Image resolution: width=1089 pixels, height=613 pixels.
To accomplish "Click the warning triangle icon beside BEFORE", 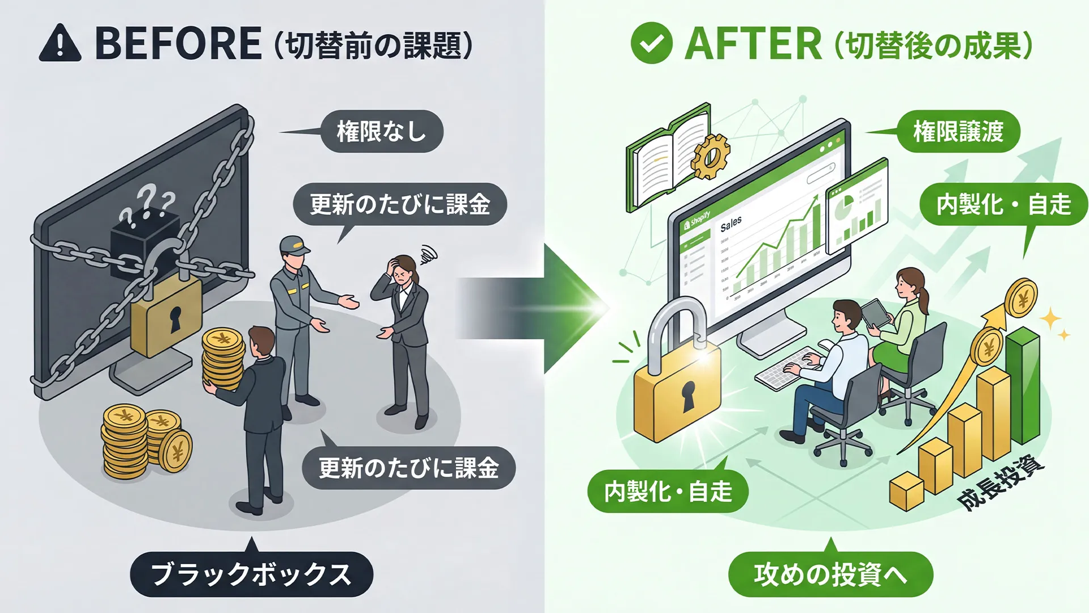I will [x=60, y=44].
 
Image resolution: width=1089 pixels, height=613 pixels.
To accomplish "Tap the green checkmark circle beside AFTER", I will [x=651, y=43].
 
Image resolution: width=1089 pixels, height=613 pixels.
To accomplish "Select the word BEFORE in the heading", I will [x=178, y=44].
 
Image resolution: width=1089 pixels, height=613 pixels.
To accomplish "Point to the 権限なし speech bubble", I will [x=381, y=131].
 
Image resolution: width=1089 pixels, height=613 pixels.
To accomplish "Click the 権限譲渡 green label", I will [x=959, y=131].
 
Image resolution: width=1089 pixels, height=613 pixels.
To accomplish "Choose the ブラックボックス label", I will [x=251, y=574].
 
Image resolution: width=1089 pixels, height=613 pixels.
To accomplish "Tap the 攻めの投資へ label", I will [x=830, y=574].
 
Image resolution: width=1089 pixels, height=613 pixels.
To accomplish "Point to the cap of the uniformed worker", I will [x=293, y=245].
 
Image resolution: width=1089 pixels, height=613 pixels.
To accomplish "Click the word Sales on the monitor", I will [x=731, y=224].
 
